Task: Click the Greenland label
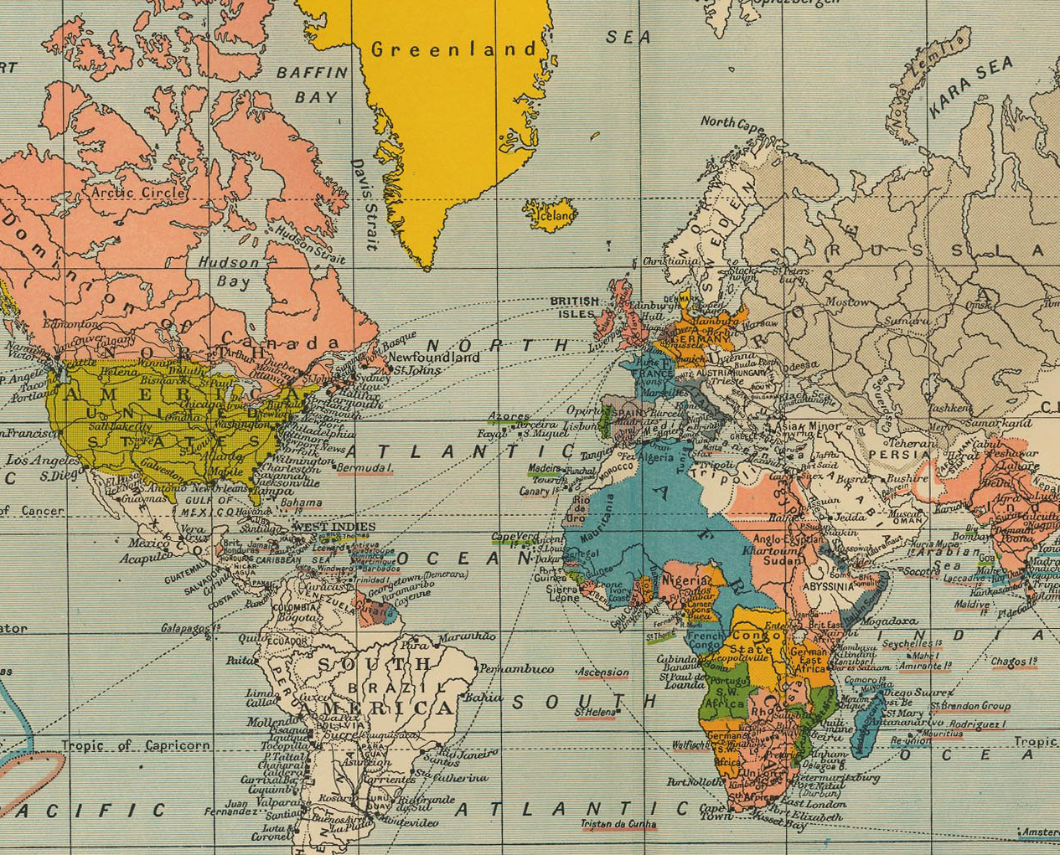pyautogui.click(x=453, y=49)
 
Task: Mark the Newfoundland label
pyautogui.click(x=434, y=357)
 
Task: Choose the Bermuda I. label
pyautogui.click(x=364, y=466)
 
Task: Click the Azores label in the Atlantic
pyautogui.click(x=509, y=416)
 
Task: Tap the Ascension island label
pyautogui.click(x=602, y=672)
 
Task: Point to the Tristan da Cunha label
pyautogui.click(x=618, y=823)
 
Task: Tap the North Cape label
pyautogui.click(x=732, y=122)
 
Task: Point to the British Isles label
pyautogui.click(x=574, y=307)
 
